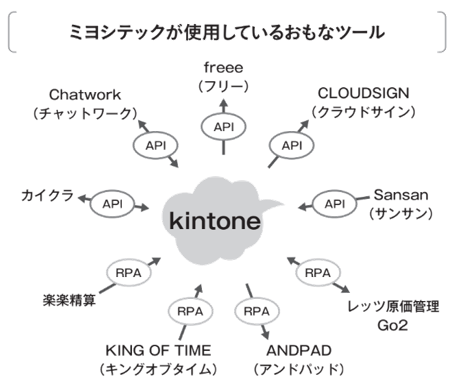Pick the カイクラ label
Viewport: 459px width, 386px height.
pos(47,196)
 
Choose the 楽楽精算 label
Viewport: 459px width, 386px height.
pos(69,300)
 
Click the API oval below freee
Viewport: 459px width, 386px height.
pos(224,127)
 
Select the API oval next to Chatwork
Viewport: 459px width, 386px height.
pos(156,146)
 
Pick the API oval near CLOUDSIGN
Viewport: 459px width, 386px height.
pos(292,146)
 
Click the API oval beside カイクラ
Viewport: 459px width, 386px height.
pos(112,204)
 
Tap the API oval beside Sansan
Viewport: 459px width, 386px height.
pos(335,204)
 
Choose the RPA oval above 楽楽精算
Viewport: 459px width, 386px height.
pos(128,273)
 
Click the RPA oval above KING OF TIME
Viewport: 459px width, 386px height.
pos(190,312)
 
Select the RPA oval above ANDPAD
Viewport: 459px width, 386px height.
pos(257,312)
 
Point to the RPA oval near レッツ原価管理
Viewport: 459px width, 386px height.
pos(318,273)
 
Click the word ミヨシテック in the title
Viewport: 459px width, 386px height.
pos(117,32)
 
